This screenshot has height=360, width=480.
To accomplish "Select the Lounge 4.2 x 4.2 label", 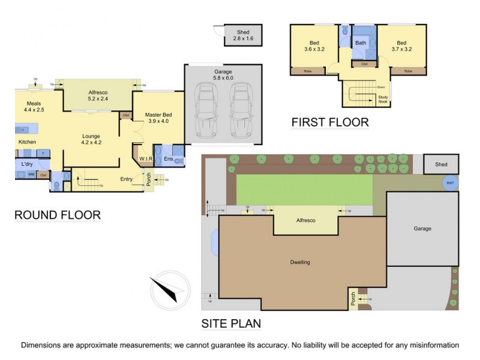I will [91, 139].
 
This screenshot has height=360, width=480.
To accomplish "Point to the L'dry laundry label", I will [27, 164].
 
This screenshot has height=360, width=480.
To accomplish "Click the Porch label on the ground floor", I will [149, 179].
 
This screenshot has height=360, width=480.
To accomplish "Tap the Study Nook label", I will [383, 100].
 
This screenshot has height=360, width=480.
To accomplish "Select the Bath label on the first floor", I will [361, 43].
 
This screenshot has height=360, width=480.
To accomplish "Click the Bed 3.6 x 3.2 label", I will [314, 46].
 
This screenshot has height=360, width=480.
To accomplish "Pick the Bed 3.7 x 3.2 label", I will [402, 46].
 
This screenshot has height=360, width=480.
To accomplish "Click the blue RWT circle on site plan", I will [449, 184].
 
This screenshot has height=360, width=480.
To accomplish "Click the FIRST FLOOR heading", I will [329, 123].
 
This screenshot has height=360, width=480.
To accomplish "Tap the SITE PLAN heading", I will [231, 324].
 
